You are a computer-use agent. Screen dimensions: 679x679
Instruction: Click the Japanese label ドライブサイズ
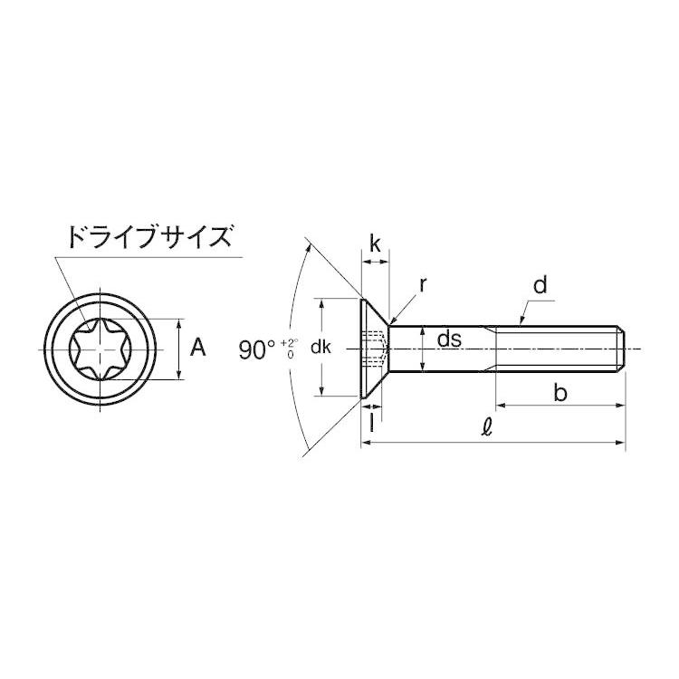tap(147, 239)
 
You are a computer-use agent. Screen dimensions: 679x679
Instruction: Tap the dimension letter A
tap(201, 348)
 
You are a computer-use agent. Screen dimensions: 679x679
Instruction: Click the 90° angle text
tap(258, 349)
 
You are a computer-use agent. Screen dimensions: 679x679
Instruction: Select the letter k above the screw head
tap(375, 243)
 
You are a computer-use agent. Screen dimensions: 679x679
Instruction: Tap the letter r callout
tap(423, 285)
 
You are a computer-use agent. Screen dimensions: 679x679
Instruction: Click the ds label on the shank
tap(450, 339)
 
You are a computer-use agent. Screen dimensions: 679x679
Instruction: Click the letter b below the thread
tap(560, 393)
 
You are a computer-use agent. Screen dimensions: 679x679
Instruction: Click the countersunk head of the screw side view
tap(373, 349)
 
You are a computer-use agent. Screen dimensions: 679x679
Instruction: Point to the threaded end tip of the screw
tap(623, 349)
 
